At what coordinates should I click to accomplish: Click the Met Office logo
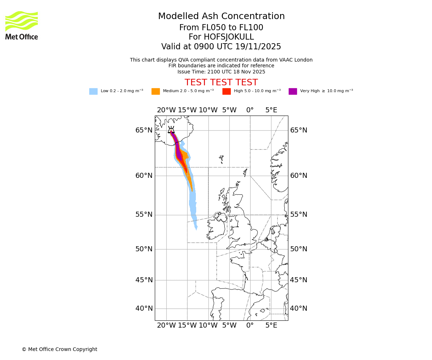click(x=22, y=25)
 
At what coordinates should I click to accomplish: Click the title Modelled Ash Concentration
click(x=221, y=17)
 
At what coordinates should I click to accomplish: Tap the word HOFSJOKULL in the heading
click(x=221, y=37)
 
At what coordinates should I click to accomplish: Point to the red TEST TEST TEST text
click(x=221, y=83)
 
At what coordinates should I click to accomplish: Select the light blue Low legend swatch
click(x=93, y=91)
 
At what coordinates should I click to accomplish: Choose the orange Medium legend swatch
click(x=156, y=91)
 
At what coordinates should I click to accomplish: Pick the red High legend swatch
click(x=226, y=91)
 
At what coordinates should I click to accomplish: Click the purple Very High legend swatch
click(x=293, y=91)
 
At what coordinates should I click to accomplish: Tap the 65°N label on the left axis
click(x=144, y=130)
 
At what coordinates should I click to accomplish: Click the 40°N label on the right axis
click(x=299, y=309)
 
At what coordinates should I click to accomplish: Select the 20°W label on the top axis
click(x=166, y=110)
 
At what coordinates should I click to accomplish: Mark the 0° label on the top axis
click(x=250, y=110)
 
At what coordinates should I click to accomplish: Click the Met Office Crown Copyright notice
click(x=59, y=350)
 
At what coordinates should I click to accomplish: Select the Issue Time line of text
click(x=221, y=72)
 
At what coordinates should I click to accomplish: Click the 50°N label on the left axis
click(x=144, y=249)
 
